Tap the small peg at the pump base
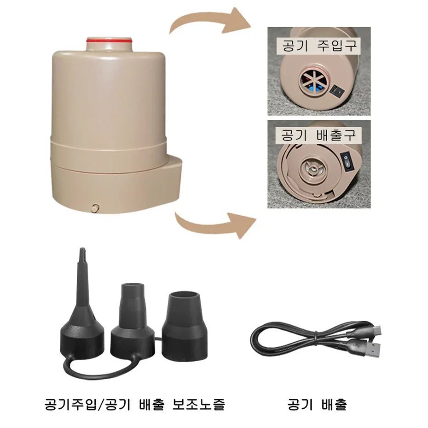coord(95,207)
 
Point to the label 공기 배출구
coord(318,135)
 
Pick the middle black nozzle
coord(133,320)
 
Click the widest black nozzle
coord(185,326)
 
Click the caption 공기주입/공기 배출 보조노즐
coord(135,405)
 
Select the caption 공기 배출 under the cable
coord(317,405)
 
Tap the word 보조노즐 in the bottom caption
coord(198,405)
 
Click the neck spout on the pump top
coord(109,44)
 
